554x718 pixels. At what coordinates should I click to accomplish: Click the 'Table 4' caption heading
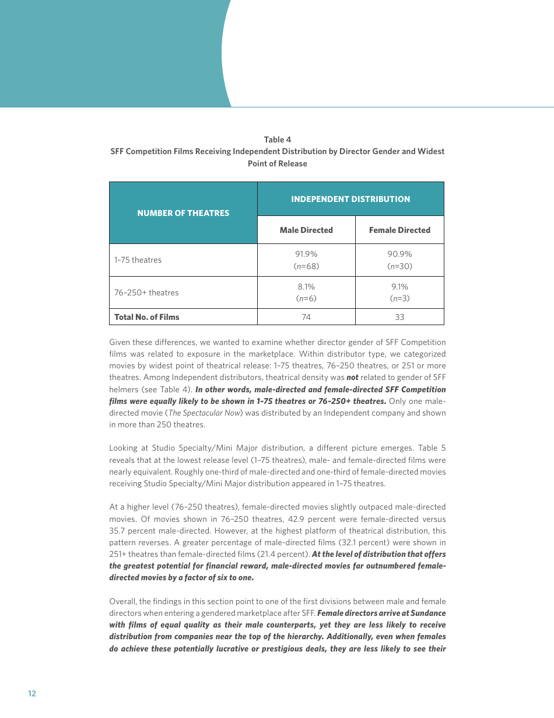(278, 140)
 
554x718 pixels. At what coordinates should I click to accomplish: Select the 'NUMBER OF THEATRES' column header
(183, 213)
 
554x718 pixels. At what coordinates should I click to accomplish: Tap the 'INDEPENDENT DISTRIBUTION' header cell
(350, 199)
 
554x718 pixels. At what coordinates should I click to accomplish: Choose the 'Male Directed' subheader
(306, 230)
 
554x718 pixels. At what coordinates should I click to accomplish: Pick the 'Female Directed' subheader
(399, 230)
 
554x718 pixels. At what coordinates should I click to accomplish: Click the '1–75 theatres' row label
(138, 260)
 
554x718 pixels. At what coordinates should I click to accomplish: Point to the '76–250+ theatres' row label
(146, 293)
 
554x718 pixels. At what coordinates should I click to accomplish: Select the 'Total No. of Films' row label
(147, 318)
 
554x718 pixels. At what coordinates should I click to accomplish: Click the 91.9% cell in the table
(306, 255)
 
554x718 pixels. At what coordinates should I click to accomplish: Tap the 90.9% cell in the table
(399, 255)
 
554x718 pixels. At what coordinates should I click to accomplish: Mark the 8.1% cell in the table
(306, 287)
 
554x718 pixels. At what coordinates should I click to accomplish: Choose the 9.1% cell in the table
(399, 287)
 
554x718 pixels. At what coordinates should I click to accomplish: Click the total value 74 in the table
(306, 318)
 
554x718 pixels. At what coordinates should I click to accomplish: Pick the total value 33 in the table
(399, 318)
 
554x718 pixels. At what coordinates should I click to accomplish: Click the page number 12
(32, 693)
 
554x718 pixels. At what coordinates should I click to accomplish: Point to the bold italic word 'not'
(352, 378)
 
